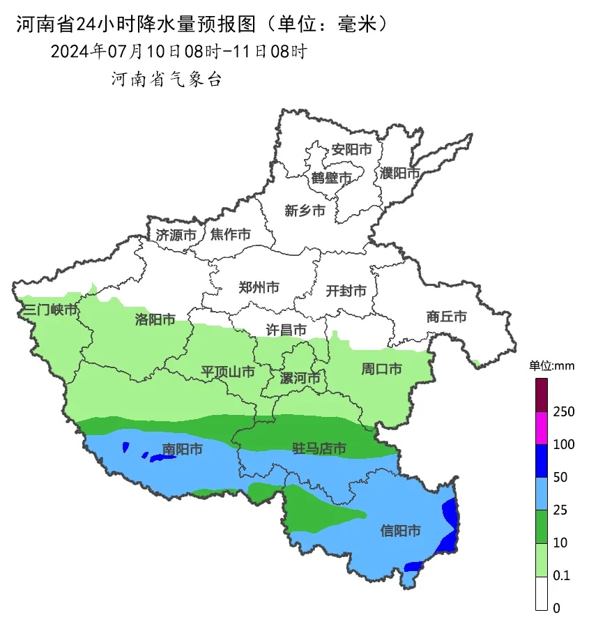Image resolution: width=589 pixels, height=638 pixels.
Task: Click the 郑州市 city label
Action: click(259, 287)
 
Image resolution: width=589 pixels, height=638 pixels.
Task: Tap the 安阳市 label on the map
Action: click(351, 149)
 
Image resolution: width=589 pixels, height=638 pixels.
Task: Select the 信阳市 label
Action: click(401, 531)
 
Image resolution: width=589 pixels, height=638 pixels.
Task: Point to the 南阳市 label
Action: click(182, 450)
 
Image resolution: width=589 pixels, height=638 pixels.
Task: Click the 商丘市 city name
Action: click(446, 317)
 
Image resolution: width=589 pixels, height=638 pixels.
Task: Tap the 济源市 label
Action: click(176, 235)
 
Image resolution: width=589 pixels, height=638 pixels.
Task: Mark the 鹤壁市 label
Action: click(332, 178)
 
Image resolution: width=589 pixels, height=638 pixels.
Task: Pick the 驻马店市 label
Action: click(319, 448)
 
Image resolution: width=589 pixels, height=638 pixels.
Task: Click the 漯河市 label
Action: click(300, 379)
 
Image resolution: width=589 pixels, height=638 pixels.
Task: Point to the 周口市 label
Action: click(381, 369)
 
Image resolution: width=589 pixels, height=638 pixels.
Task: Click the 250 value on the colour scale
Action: click(563, 411)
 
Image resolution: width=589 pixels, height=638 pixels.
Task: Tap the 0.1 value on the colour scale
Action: click(561, 575)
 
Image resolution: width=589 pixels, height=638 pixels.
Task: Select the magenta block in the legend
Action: click(542, 428)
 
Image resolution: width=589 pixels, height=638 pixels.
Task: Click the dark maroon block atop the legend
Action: click(542, 395)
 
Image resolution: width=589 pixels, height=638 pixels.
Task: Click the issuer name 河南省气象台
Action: click(167, 79)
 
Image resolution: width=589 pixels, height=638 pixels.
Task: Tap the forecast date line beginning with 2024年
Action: click(178, 52)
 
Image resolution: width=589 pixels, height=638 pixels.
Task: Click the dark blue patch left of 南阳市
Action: click(162, 457)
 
